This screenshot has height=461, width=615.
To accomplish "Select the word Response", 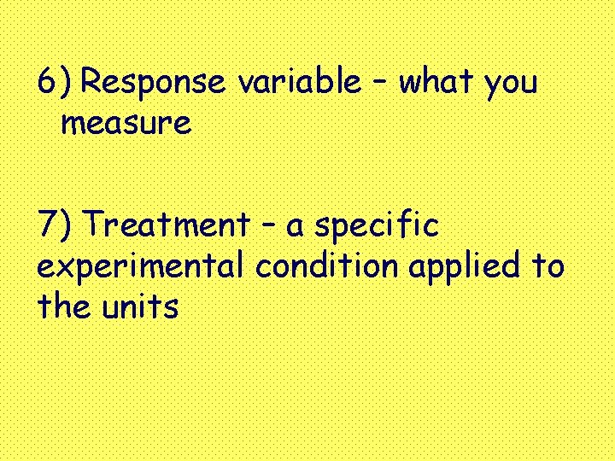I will pos(155,83).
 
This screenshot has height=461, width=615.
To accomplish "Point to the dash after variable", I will pos(379,84).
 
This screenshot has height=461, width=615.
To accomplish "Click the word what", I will pos(436,83).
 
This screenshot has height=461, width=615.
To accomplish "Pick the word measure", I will pos(126,125).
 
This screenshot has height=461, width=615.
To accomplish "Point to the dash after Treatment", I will pos(267,227).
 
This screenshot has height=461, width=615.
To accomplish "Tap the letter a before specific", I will pos(296,229).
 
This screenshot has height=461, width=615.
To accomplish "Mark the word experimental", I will pos(141,268).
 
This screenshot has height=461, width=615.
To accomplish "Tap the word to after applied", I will pos(548,266).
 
